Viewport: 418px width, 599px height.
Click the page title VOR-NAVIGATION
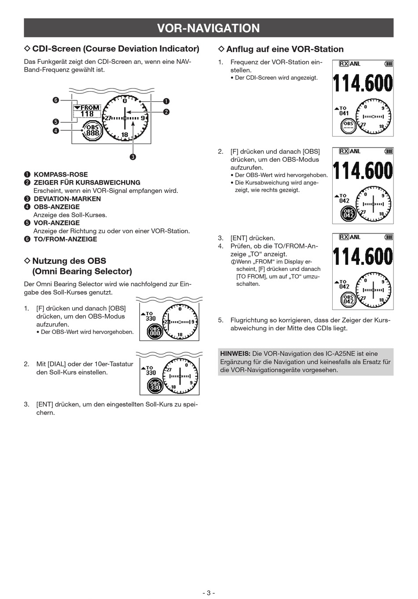point(209,28)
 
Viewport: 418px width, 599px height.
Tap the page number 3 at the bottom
point(209,592)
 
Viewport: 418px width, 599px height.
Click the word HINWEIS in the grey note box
point(235,354)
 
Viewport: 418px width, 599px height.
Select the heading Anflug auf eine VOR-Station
point(285,49)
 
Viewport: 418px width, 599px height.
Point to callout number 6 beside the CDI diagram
point(56,100)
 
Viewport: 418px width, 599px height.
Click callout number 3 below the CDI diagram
point(132,157)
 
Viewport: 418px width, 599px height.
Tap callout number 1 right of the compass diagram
point(166,101)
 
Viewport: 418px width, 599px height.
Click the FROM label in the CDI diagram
point(90,107)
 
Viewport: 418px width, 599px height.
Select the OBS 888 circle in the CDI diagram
point(92,130)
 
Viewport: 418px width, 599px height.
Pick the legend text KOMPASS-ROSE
point(61,174)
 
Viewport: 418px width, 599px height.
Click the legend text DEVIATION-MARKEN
point(67,199)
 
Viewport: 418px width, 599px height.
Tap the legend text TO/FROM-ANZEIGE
point(65,239)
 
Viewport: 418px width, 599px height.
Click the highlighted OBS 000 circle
point(155,332)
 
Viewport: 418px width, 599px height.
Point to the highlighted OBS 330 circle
point(155,386)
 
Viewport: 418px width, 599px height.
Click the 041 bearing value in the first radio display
point(344,114)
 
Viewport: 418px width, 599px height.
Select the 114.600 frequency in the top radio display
point(363,83)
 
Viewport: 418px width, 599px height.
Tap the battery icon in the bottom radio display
point(389,237)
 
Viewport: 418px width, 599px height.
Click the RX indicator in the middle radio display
point(344,151)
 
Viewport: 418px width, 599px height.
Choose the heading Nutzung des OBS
point(69,261)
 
